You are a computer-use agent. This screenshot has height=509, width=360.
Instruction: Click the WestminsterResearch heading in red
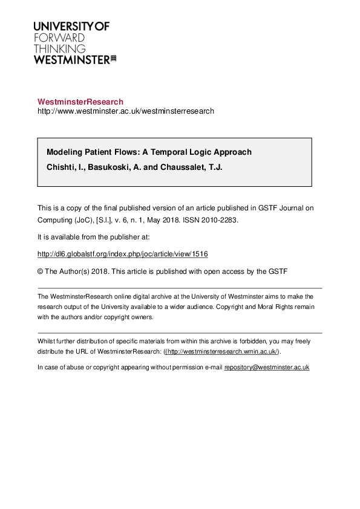click(x=80, y=102)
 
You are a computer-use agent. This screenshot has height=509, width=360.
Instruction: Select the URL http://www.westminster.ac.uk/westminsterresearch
click(x=126, y=111)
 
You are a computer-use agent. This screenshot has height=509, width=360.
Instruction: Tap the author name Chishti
click(x=61, y=167)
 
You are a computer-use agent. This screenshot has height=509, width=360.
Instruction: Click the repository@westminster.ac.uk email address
click(x=267, y=367)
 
